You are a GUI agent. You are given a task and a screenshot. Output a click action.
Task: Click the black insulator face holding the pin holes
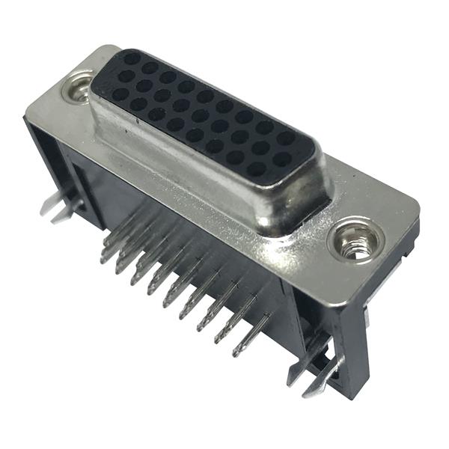click(202, 112)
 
